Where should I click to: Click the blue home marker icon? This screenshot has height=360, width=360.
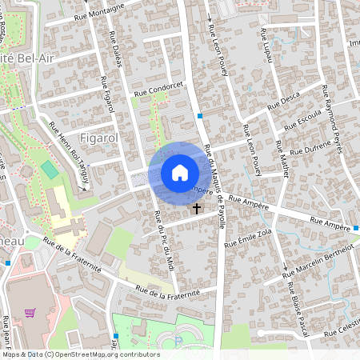pos(179,172)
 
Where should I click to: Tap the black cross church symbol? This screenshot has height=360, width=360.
pos(197,209)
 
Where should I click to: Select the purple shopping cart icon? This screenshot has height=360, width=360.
pos(30,313)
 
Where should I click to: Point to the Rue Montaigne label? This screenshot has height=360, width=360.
pos(99,10)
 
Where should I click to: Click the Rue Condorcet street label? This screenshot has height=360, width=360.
pos(159,90)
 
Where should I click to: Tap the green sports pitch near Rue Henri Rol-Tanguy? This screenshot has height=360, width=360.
pos(50,170)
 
